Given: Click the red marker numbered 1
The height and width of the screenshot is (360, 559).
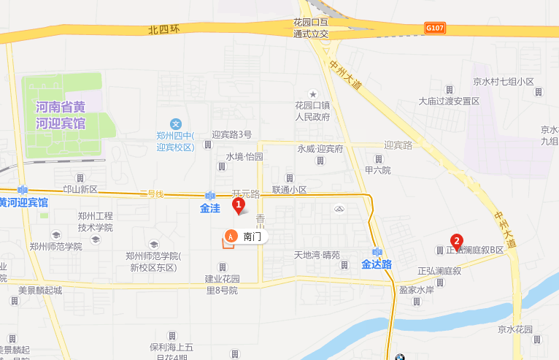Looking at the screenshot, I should tap(238, 206).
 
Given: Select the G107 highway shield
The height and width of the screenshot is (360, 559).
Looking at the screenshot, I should tap(434, 28).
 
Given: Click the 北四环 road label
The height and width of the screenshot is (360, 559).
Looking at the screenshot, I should tap(163, 30).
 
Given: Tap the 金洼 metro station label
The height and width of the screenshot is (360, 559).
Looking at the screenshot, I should tap(210, 208).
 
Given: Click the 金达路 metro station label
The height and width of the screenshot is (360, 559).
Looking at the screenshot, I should tap(377, 264).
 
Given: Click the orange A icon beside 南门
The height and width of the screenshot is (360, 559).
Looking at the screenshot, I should tap(231, 236).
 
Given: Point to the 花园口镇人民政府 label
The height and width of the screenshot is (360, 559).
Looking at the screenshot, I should tap(313, 110).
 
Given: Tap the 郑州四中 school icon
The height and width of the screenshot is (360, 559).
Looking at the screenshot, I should tap(175, 123).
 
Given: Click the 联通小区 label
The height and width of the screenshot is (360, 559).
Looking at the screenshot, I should tap(290, 190).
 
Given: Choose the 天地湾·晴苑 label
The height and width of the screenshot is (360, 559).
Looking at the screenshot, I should tap(317, 256).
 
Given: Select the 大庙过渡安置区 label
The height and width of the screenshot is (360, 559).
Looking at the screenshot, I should tap(449, 102).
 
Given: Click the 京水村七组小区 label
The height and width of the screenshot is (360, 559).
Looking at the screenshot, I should tap(504, 82).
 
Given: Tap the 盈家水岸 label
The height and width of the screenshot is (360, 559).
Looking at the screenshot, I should tap(417, 289).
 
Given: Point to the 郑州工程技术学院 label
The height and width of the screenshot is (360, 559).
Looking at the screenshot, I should tap(96, 222).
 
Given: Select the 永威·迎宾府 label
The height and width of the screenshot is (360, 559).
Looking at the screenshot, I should tap(320, 148).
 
